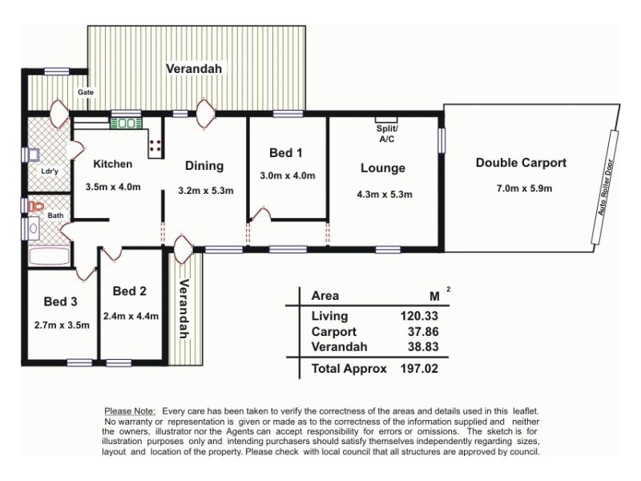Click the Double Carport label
521,163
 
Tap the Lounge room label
382,168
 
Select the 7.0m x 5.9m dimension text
524,189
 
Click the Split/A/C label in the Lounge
387,134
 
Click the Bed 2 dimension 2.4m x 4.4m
131,316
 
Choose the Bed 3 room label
61,302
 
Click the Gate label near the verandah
85,92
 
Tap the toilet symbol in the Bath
33,206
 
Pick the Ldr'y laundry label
49,171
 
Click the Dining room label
204,166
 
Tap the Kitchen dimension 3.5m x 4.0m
113,188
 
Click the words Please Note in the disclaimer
129,410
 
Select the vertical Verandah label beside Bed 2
186,308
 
